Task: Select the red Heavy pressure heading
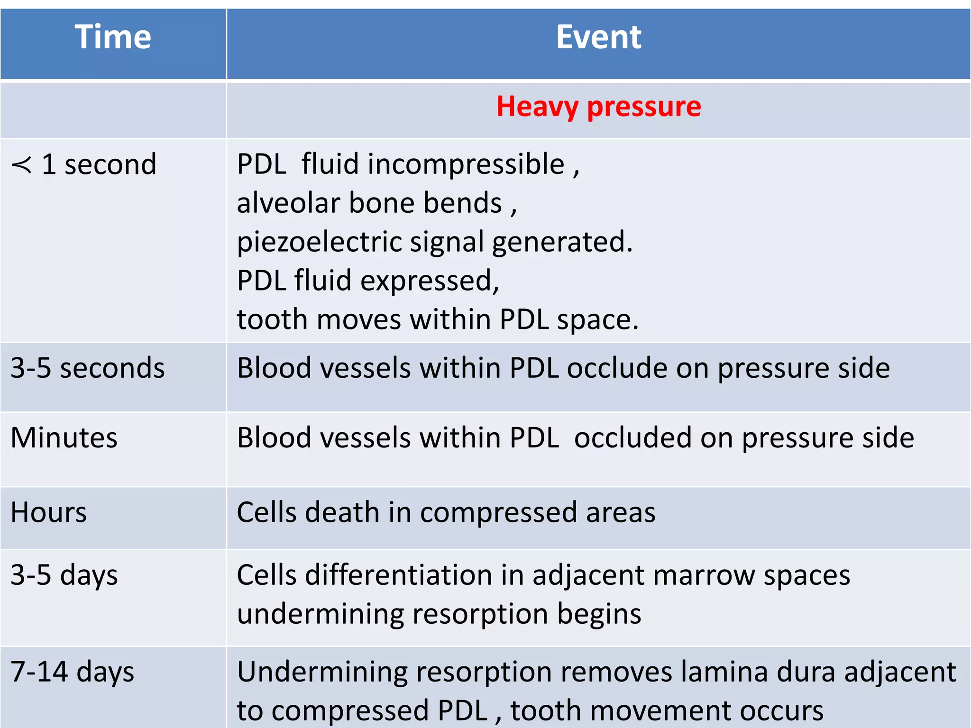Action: [598, 106]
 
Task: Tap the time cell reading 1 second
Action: [99, 164]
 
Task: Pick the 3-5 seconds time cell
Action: [88, 368]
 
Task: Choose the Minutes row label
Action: [64, 437]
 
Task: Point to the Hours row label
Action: [49, 512]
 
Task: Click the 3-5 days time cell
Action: [64, 575]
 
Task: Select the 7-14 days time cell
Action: [72, 672]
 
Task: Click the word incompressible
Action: [466, 164]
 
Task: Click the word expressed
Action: [430, 281]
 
